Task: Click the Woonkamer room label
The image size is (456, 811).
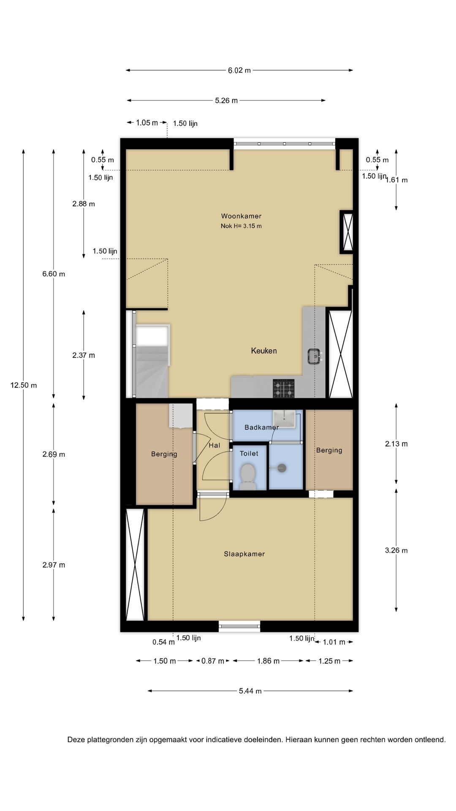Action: coord(241,216)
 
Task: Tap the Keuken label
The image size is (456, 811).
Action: coord(264,351)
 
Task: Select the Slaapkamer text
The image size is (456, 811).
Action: coord(244,554)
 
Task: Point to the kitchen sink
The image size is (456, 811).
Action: coord(315,356)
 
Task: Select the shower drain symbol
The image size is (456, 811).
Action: coord(282,468)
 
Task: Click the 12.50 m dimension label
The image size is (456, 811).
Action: coord(24,385)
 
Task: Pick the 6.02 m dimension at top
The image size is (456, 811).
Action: coord(239,71)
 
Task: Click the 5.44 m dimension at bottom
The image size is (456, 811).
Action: coord(250,691)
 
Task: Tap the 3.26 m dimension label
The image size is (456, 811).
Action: coord(396,550)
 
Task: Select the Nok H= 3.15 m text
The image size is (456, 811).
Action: coord(241,226)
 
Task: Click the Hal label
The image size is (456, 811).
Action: coord(214,445)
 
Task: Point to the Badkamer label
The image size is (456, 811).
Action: coord(261,427)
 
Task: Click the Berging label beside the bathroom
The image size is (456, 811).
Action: coord(329,450)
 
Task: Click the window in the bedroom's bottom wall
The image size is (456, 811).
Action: coord(239,626)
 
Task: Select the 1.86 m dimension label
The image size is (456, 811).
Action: coord(268,661)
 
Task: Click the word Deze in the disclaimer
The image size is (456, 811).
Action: coord(76,740)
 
